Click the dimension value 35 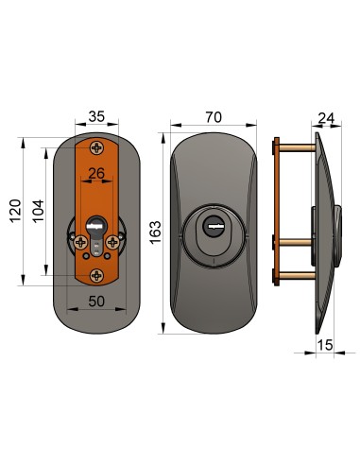coord(95,118)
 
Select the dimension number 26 coord(95,173)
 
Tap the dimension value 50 coord(95,301)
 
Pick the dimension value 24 coord(326,118)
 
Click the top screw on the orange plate coord(95,146)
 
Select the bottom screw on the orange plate coord(95,275)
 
